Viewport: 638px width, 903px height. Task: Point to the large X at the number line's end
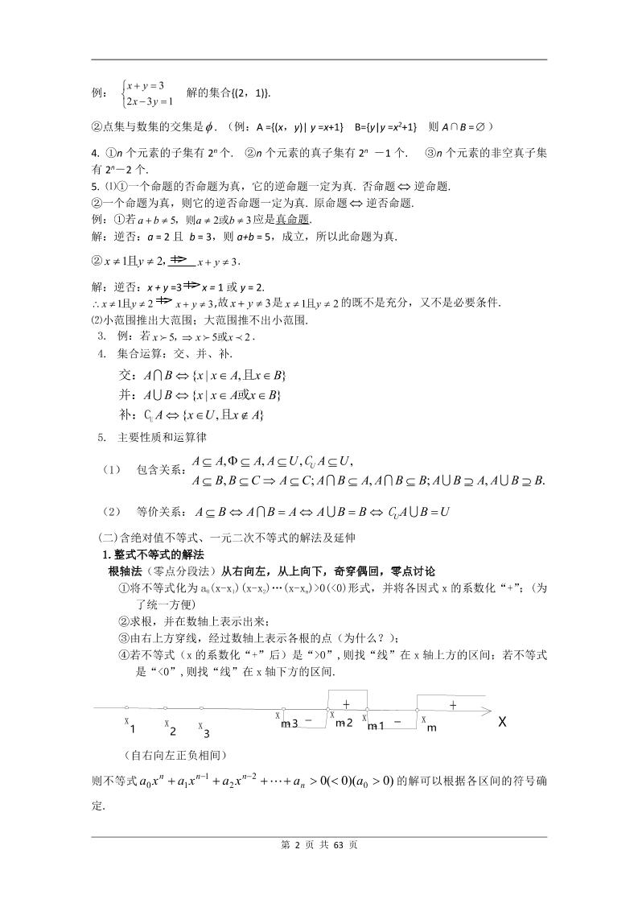click(x=502, y=722)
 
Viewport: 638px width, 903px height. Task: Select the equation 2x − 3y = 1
click(x=150, y=101)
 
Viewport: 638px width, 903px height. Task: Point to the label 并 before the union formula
click(x=125, y=394)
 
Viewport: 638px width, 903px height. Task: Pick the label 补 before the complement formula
click(x=125, y=414)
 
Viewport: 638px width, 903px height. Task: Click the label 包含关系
click(x=158, y=470)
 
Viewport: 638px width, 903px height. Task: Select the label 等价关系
click(x=158, y=511)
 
